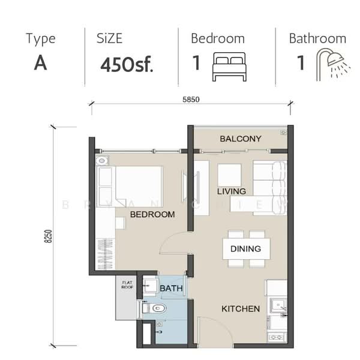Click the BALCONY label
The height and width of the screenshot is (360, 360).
tap(241, 139)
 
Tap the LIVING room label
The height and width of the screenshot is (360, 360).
tap(232, 191)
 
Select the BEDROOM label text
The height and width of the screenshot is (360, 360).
tap(152, 214)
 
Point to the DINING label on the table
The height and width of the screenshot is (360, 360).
tap(245, 248)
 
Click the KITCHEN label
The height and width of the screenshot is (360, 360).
tap(241, 309)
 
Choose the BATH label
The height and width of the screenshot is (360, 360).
tap(170, 289)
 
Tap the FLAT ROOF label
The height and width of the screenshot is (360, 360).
tap(127, 285)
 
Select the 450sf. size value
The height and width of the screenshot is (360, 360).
tap(127, 64)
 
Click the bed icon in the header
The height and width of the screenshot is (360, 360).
tap(229, 66)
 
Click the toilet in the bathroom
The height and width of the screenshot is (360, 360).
tap(156, 309)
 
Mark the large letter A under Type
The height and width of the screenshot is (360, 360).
tap(40, 63)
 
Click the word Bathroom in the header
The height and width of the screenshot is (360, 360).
tap(317, 38)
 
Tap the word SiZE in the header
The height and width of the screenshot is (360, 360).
tap(109, 38)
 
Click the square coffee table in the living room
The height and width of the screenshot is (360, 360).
tap(229, 175)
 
